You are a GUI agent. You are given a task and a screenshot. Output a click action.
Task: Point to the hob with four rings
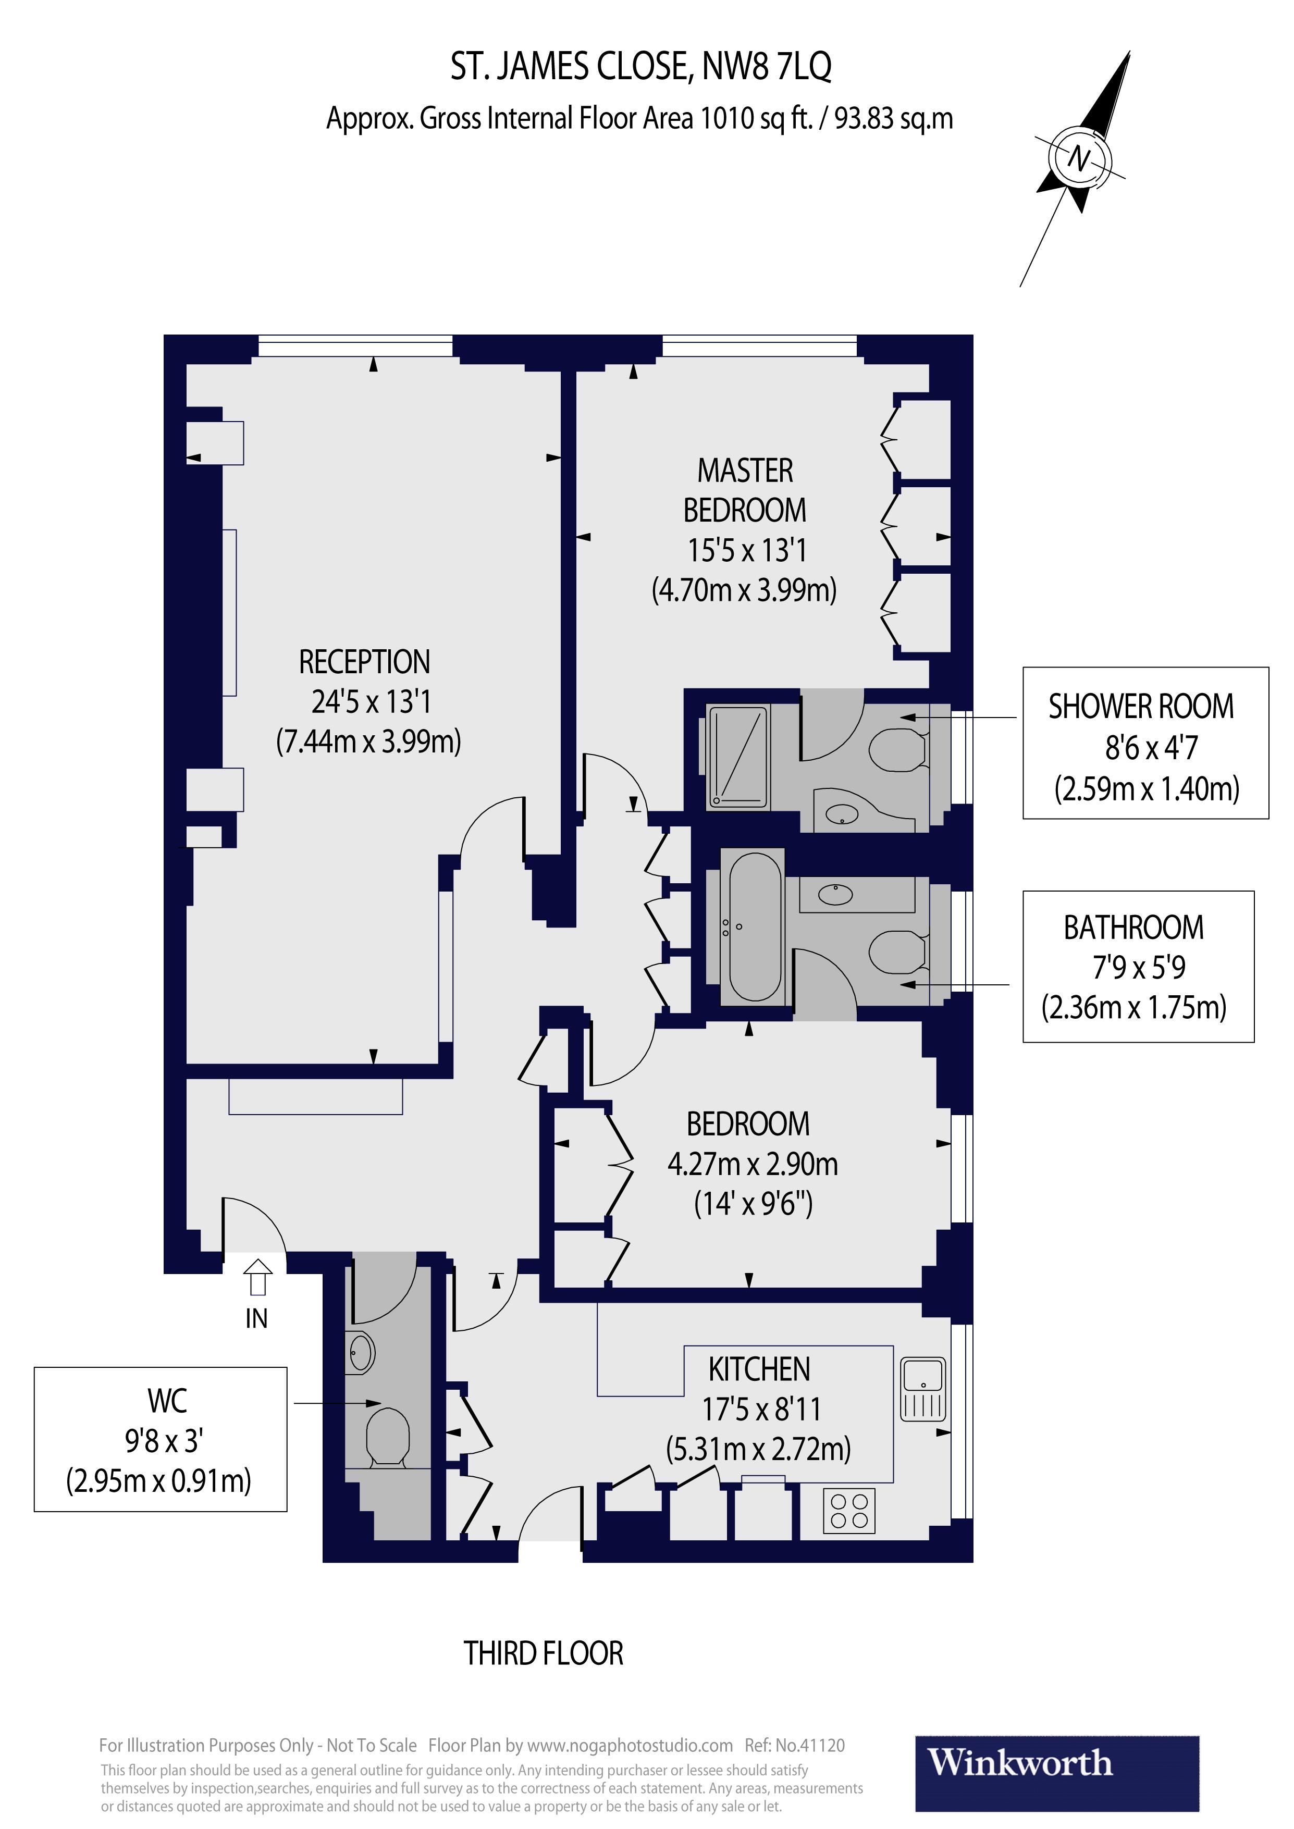pos(848,1511)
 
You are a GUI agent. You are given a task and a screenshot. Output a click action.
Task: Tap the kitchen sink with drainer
pos(923,1390)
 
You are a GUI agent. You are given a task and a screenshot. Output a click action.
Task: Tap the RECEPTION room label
pos(365,662)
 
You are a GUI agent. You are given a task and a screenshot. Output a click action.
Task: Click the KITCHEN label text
pos(759,1369)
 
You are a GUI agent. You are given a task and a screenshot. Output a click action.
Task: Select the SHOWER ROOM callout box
pos(1145,743)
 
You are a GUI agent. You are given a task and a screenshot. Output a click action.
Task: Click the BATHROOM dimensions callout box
pos(1138,966)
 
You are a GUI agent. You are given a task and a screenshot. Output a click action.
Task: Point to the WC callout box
pos(160,1439)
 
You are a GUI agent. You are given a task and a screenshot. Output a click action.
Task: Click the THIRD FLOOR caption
pos(544,1654)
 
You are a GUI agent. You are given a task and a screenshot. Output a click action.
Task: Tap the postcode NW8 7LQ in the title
pos(767,67)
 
